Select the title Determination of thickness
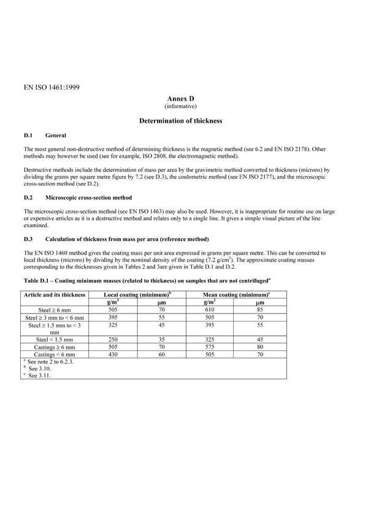181,121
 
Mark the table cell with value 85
260,310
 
